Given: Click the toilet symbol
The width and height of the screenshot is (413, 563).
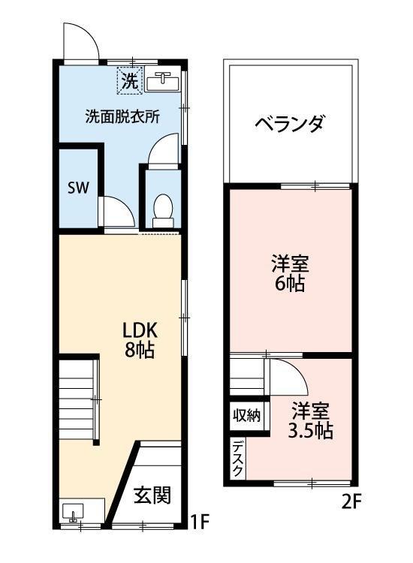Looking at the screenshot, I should click(x=161, y=208).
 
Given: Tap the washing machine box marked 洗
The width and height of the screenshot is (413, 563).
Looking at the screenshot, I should click(x=129, y=82).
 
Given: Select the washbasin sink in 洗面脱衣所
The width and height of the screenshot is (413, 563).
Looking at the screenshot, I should click(x=162, y=80).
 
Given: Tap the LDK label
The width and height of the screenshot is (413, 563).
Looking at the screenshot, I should click(x=139, y=330).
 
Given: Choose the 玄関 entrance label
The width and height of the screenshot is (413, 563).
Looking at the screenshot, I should click(x=153, y=495).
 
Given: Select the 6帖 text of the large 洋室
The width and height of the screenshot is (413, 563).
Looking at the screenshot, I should click(x=290, y=285).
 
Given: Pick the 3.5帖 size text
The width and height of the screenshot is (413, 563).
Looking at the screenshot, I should click(x=311, y=431).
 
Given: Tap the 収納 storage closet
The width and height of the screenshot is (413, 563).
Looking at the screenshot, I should click(x=246, y=414).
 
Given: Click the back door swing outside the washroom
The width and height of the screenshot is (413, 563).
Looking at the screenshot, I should click(x=80, y=41).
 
